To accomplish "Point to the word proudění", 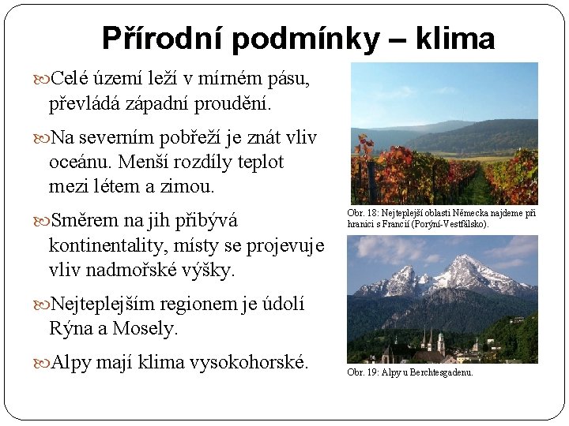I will tap(235, 103).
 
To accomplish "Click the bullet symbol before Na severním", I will tap(42, 139).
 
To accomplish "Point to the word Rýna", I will tap(70, 328).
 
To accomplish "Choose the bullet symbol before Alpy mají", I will tap(42, 364).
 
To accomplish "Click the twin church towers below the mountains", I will tap(431, 342).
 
